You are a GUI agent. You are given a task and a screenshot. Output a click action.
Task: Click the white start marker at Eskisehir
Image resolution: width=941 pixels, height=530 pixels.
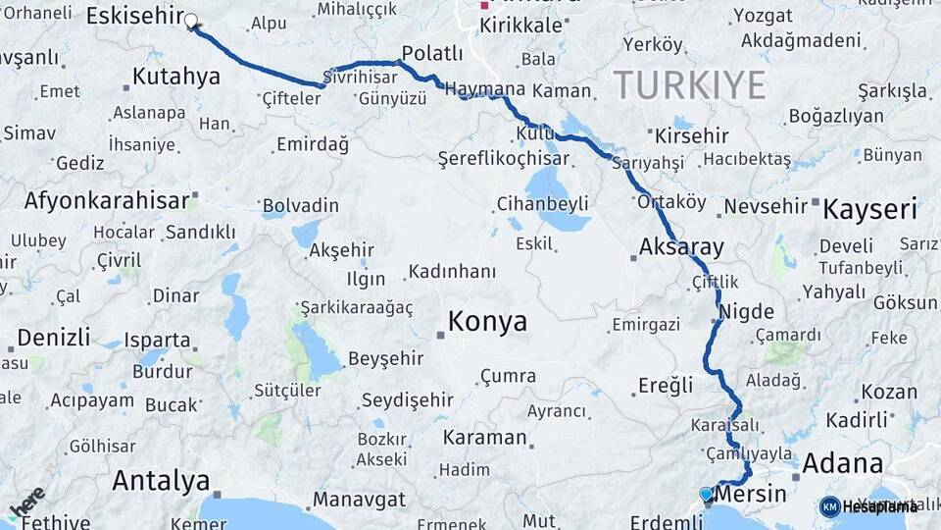(x=191, y=21)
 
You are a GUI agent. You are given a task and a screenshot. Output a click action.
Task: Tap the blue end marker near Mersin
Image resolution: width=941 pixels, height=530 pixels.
(x=706, y=494)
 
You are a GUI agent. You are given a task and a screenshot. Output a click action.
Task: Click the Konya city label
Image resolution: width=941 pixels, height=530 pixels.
(x=487, y=321)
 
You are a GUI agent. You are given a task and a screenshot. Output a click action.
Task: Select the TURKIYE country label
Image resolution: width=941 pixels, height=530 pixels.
(x=689, y=86)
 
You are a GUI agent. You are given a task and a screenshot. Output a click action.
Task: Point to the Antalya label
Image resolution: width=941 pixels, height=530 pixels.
(x=161, y=481)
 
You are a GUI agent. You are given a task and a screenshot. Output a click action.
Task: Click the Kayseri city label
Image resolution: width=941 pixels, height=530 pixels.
(x=869, y=208)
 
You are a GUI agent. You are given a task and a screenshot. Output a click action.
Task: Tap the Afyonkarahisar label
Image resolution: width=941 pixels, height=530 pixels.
(x=106, y=201)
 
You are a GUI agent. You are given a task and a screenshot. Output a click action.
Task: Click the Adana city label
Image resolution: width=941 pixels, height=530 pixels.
(x=842, y=463)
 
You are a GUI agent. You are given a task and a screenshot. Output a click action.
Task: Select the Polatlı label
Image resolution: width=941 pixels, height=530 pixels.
(x=432, y=53)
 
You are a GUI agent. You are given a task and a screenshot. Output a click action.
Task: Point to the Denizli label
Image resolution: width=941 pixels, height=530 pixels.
(x=53, y=338)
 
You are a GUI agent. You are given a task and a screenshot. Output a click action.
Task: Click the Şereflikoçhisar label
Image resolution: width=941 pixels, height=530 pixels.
(x=503, y=158)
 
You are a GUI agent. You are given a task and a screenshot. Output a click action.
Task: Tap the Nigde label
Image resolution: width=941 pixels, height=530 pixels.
(x=747, y=312)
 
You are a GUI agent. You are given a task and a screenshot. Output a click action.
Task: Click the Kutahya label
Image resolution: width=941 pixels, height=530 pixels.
(x=175, y=77)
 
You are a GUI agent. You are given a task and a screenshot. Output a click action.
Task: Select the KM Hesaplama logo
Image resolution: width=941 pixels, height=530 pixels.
(x=868, y=506)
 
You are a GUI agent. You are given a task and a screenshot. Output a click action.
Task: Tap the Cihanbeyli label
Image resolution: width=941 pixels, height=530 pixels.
(x=542, y=203)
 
